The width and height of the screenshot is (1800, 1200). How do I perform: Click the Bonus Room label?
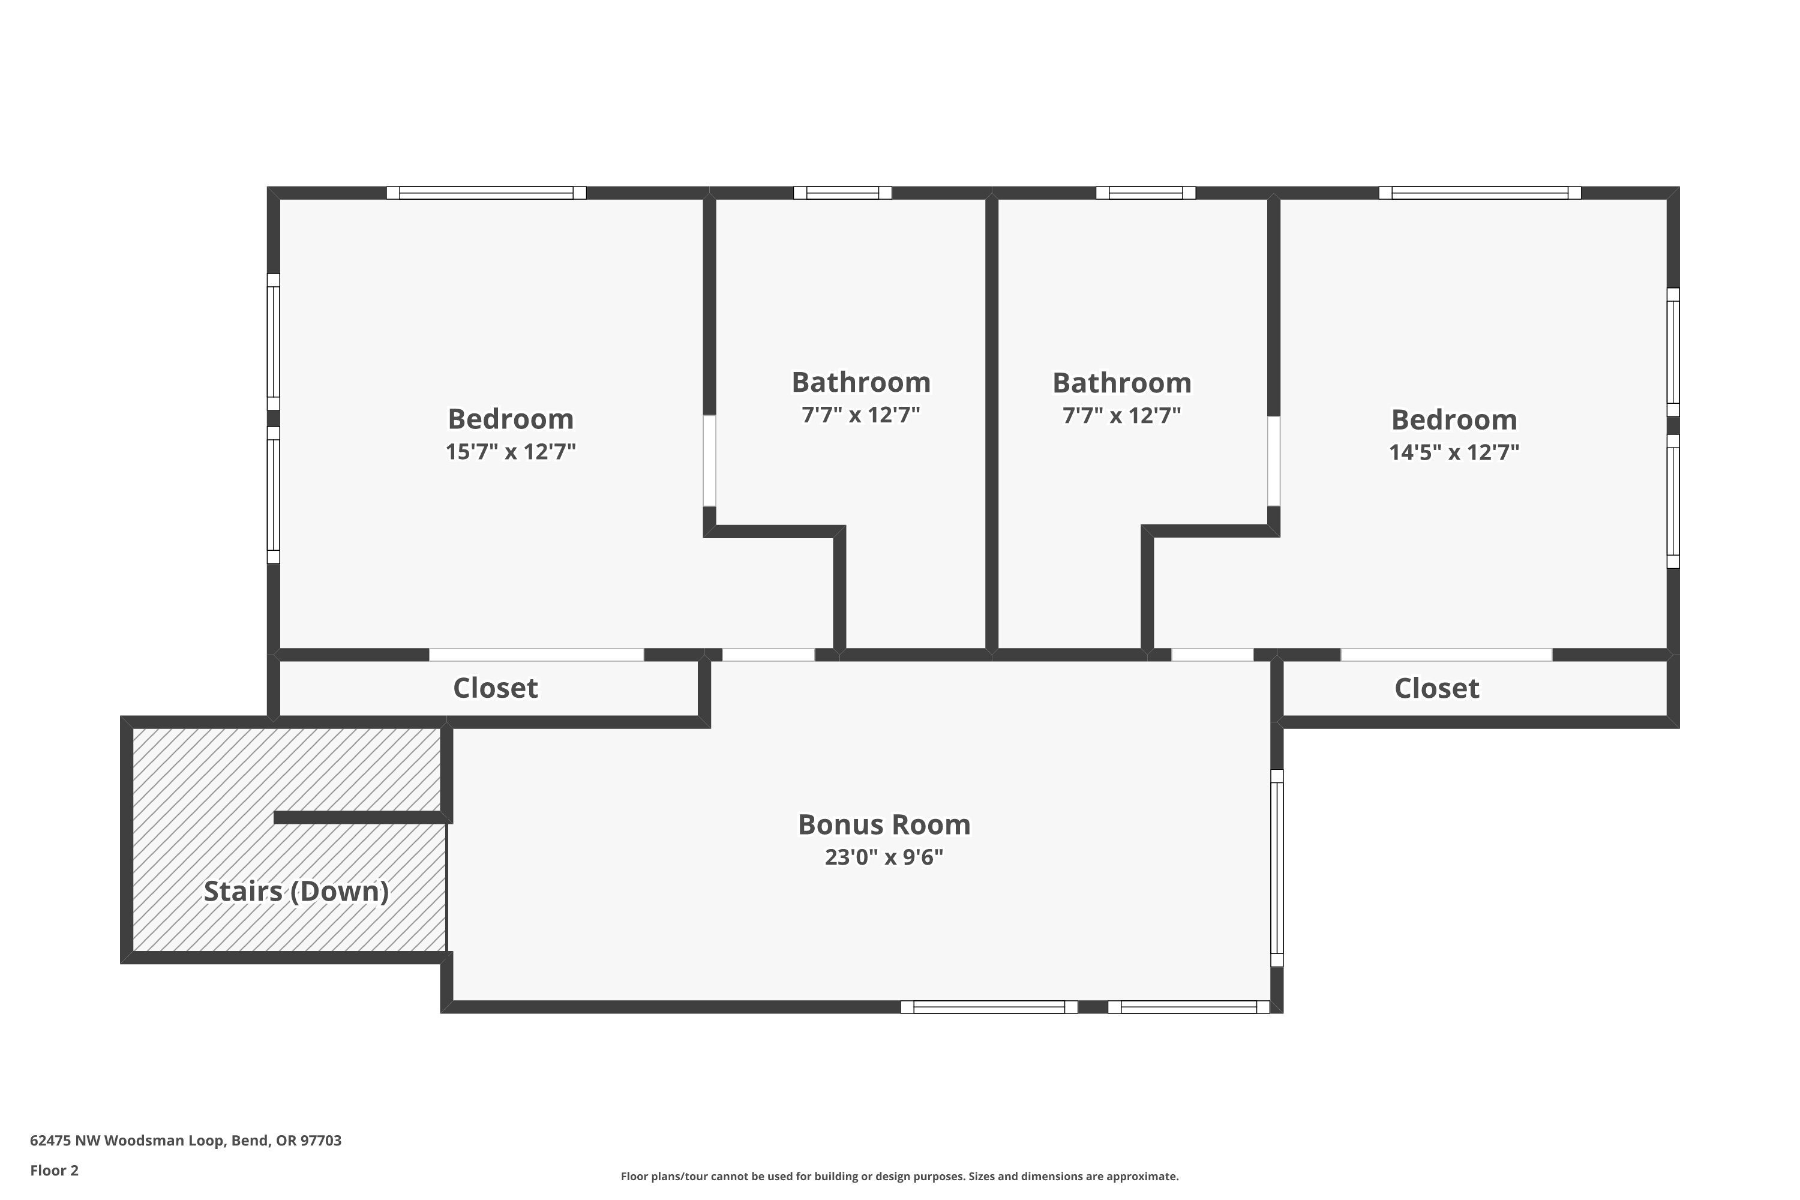[x=884, y=825]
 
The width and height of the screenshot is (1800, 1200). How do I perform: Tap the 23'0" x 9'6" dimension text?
[x=884, y=857]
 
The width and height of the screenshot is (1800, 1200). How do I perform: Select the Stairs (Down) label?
[x=296, y=892]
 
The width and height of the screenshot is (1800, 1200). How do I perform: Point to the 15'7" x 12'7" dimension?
[x=511, y=452]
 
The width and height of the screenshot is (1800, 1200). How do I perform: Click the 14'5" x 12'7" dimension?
[x=1454, y=452]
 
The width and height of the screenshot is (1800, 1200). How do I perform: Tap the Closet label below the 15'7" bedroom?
[x=495, y=688]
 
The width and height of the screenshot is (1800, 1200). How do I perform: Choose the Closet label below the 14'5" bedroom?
[x=1436, y=689]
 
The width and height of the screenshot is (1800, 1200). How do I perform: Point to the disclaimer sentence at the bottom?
[x=899, y=1176]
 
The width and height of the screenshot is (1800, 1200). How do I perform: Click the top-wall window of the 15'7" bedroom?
[x=486, y=193]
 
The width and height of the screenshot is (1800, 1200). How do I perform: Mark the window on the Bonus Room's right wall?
[x=1277, y=868]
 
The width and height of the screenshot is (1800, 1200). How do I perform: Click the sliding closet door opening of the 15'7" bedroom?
[x=536, y=655]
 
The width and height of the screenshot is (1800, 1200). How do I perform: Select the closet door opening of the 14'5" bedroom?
[x=1445, y=655]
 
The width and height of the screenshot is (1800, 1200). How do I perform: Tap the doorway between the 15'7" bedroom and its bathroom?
[x=709, y=461]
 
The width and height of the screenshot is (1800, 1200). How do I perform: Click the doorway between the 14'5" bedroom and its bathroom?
[x=1273, y=461]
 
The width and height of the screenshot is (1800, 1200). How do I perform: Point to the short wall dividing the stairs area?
[x=359, y=817]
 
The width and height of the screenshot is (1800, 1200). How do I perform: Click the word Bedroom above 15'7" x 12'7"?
[x=511, y=419]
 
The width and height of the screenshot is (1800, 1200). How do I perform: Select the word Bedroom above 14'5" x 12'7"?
[x=1454, y=420]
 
